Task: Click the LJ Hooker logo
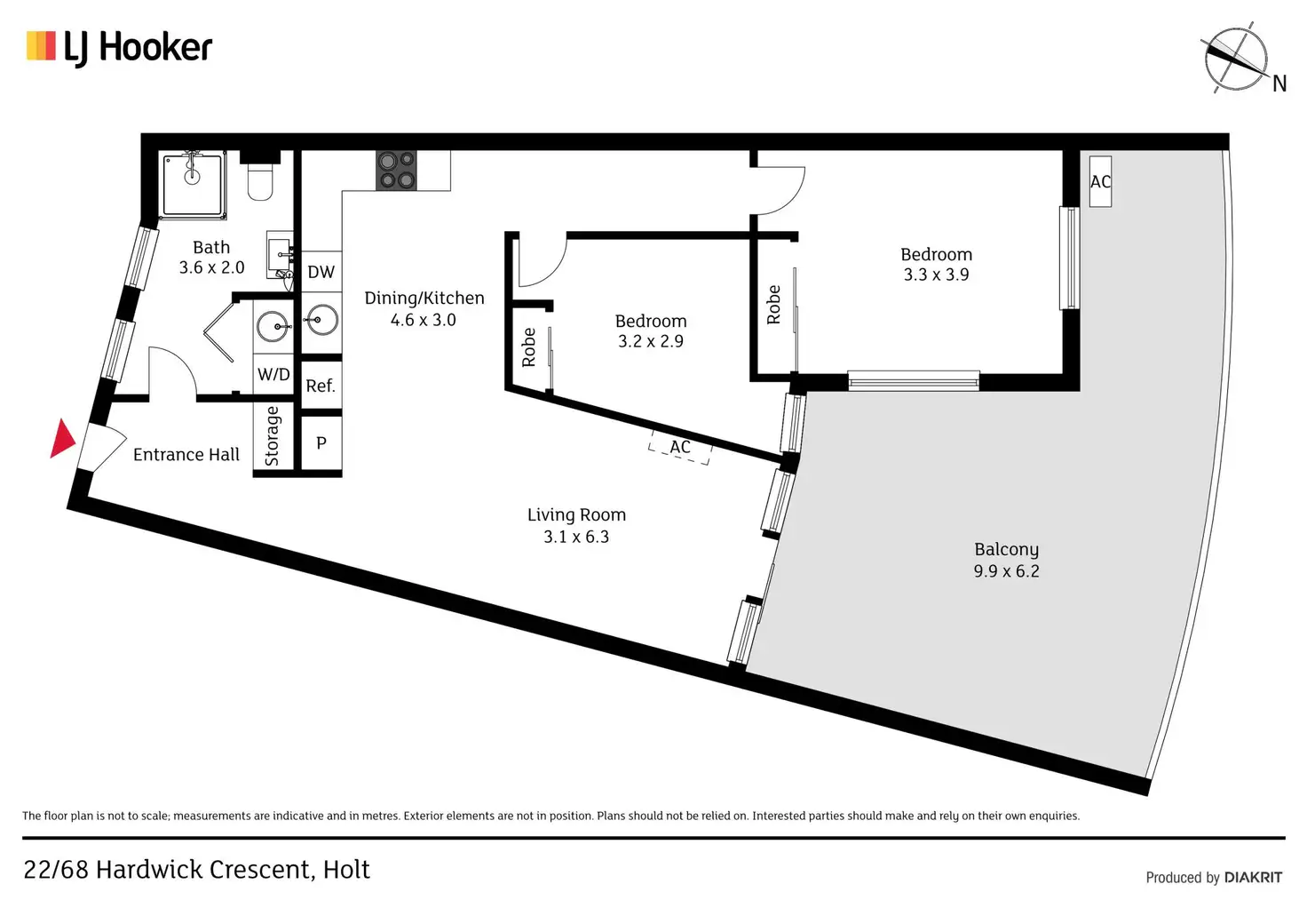[x=120, y=47]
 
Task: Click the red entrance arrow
[x=62, y=439]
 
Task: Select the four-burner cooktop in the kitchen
[x=396, y=170]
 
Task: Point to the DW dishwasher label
[x=321, y=273]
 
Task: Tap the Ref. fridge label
[x=321, y=386]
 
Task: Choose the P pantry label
[x=321, y=442]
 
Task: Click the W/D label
[x=273, y=374]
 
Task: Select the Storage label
[x=273, y=435]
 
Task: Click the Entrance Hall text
[x=186, y=455]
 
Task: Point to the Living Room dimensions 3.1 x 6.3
[x=576, y=537]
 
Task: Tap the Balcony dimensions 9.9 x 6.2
[x=1006, y=571]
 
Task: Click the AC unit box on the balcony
[x=1100, y=182]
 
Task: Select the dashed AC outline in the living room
[x=680, y=448]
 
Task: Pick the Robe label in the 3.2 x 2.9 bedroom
[x=529, y=347]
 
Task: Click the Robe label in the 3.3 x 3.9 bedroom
[x=773, y=305]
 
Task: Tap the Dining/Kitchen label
[x=424, y=299]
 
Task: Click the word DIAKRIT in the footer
[x=1253, y=878]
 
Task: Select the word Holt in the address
[x=346, y=870]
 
